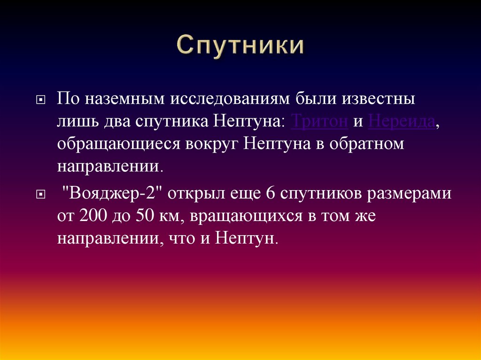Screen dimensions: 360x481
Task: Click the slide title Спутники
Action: tap(240, 48)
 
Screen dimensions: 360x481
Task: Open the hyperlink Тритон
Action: tap(319, 122)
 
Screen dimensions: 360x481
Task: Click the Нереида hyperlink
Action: tap(401, 122)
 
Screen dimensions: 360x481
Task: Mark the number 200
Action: tap(93, 216)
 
